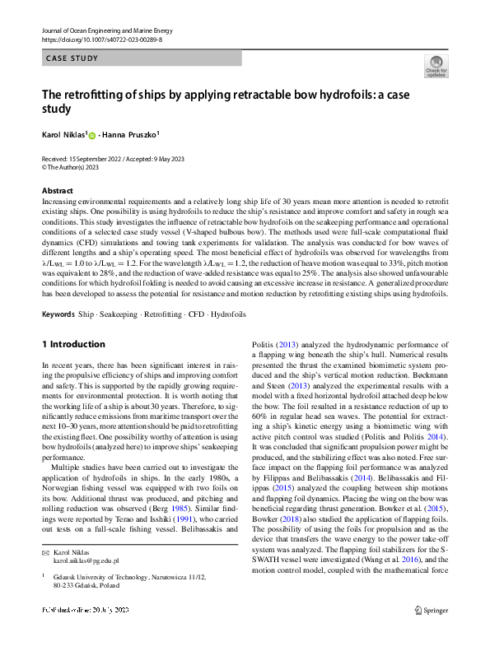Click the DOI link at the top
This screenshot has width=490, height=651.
tap(101, 39)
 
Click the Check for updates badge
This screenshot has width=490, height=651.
tap(436, 67)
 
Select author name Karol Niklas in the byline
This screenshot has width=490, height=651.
tap(63, 135)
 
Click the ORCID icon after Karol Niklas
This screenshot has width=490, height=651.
tap(92, 136)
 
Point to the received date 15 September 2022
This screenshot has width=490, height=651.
tap(99, 158)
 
